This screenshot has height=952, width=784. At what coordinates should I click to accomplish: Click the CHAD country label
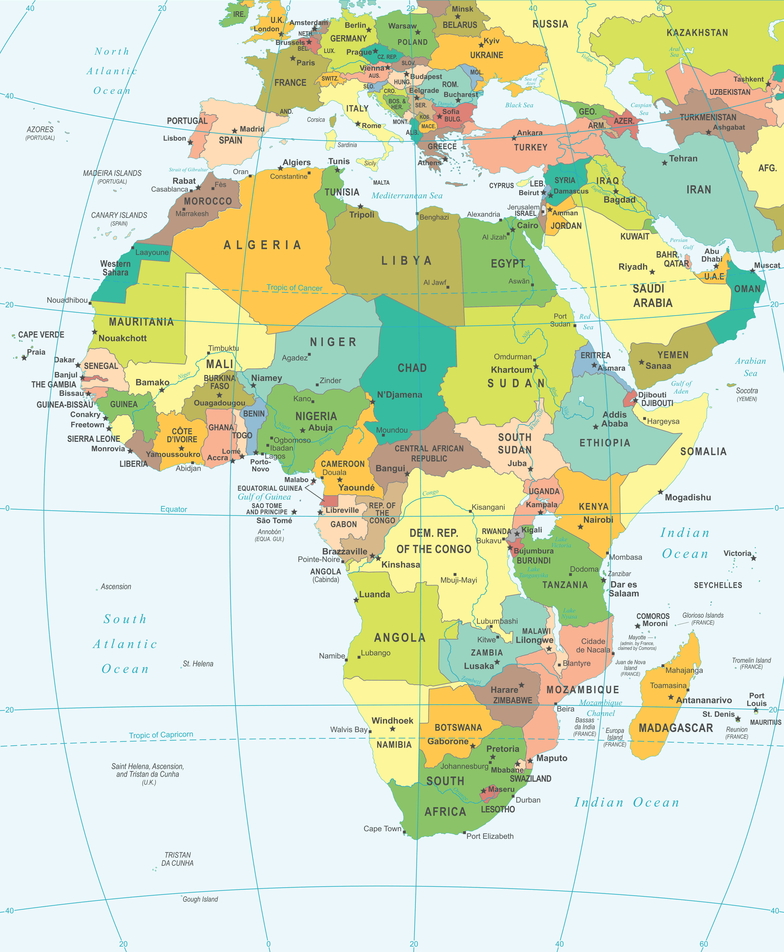point(412,368)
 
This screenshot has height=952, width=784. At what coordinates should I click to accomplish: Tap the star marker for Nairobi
point(580,526)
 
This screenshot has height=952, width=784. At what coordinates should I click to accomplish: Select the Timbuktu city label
point(223,348)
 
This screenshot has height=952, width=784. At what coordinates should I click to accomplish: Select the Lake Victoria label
point(561,542)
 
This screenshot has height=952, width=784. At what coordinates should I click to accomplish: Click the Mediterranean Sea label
point(406,196)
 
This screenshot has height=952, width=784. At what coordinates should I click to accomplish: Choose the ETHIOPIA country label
point(605,443)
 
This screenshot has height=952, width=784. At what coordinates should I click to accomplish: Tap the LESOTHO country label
point(498,809)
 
